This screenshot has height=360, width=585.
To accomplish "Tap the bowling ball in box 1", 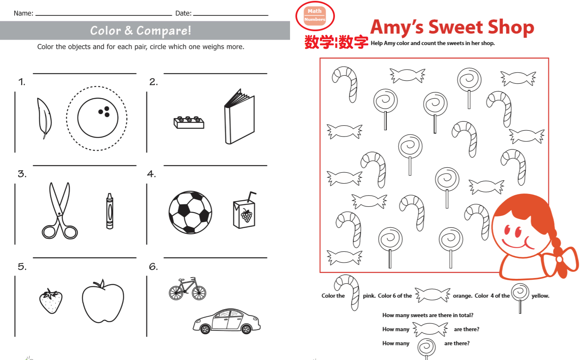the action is tap(98, 118).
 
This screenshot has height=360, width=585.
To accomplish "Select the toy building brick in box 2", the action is tap(189, 122).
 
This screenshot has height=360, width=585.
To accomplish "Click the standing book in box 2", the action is tap(240, 117).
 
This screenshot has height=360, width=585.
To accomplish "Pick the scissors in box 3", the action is tap(59, 211).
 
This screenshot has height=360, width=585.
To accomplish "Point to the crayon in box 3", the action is tap(110, 211).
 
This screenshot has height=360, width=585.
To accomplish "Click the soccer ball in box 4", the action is tap(190, 212).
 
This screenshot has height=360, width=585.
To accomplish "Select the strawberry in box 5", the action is tap(51, 301).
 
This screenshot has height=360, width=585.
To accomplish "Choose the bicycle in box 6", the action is tap(188, 289).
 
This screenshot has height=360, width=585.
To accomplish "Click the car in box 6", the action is tap(227, 321).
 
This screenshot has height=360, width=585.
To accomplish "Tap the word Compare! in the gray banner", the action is tap(164, 31).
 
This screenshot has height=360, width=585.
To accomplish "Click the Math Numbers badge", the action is tap(315, 16).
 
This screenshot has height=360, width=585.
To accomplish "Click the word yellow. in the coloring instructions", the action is tap(540, 296).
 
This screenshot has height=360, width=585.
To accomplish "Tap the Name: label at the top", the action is tap(23, 13).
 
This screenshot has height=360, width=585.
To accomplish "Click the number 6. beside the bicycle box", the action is tap(154, 267).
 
